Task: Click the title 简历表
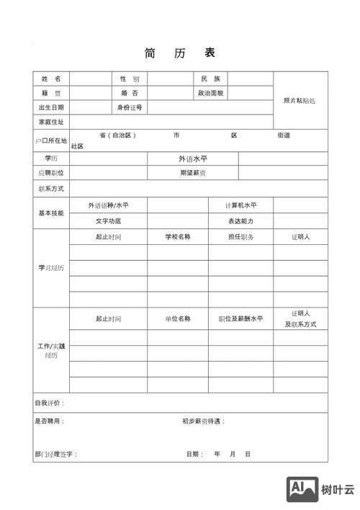(179, 53)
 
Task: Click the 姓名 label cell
(51, 79)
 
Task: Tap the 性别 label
(130, 79)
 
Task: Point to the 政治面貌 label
(211, 93)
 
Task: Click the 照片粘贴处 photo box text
(300, 100)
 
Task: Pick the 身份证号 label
(130, 107)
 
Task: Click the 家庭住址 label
(51, 122)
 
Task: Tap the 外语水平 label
(192, 158)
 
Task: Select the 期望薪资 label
(192, 173)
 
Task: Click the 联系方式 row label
(51, 189)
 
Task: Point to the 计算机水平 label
(240, 205)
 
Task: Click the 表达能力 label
(240, 221)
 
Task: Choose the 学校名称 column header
(178, 237)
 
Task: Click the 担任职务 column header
(240, 237)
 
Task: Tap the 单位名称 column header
(178, 318)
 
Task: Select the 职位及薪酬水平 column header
(240, 318)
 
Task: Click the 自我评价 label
(50, 403)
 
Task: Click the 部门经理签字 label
(55, 455)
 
